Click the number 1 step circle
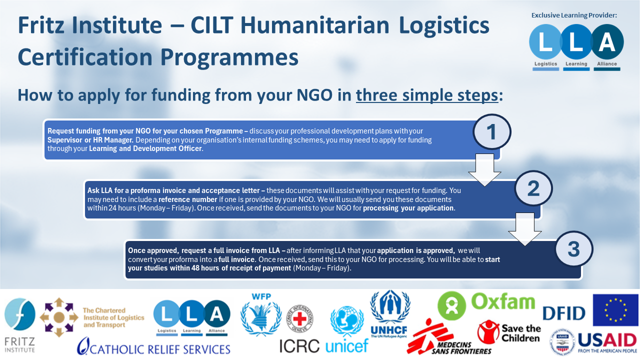click(491, 131)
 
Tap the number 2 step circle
click(533, 188)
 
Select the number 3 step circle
click(573, 249)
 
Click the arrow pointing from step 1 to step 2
click(484, 170)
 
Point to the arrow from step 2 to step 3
click(525, 229)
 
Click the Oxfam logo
click(486, 305)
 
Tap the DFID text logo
click(563, 313)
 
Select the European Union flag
click(615, 310)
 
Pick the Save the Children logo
click(509, 332)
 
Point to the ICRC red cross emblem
click(299, 319)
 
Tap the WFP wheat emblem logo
click(261, 315)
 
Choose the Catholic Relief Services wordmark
click(153, 346)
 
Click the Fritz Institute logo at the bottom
click(19, 325)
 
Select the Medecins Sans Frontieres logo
click(449, 337)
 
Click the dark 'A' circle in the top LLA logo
click(607, 41)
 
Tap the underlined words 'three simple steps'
click(427, 95)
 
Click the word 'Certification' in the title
click(85, 57)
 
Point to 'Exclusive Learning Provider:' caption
click(574, 15)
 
